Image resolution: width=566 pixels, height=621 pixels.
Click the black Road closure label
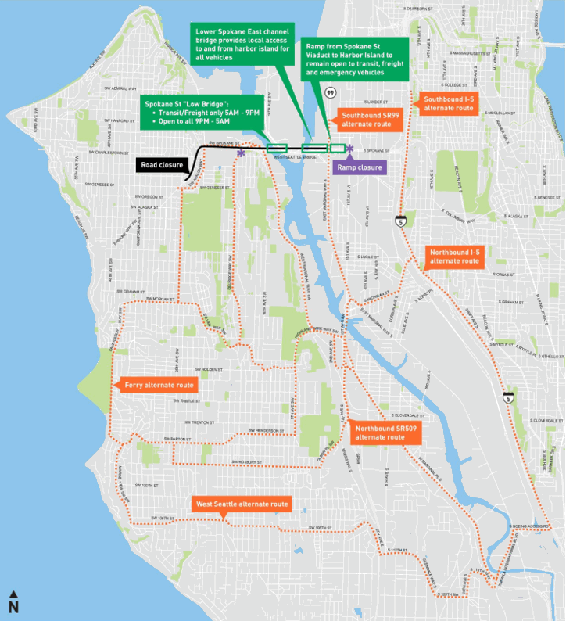163,165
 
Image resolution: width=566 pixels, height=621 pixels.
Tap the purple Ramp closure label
358,167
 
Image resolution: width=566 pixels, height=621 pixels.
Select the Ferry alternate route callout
154,386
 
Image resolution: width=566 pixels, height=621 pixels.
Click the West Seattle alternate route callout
242,504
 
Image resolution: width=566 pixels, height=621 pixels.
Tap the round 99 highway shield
331,93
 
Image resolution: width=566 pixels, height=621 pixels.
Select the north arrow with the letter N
13,601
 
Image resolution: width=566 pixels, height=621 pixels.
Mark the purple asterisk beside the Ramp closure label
349,149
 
